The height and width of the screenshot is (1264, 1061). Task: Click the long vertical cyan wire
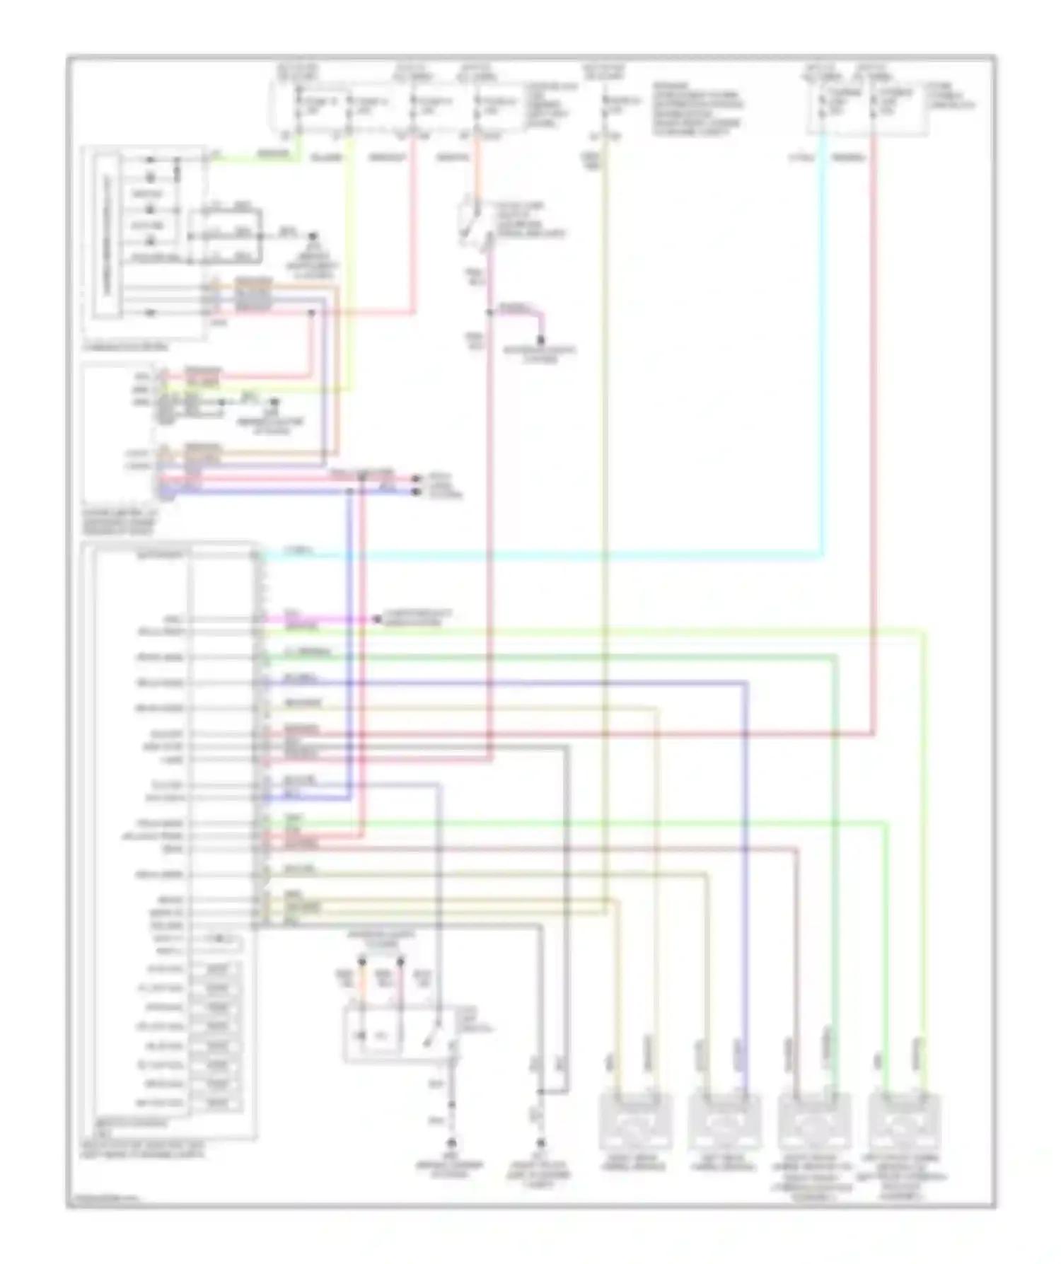822,354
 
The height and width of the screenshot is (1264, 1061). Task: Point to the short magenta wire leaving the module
318,619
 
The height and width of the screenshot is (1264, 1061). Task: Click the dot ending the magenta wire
376,620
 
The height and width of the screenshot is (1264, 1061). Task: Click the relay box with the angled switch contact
396,1037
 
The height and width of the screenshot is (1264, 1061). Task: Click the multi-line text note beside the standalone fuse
697,110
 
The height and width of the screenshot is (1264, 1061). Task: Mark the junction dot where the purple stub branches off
489,312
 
